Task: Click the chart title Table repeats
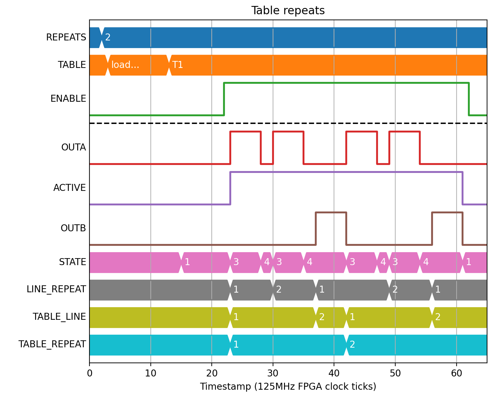coord(288,11)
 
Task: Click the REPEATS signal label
coord(66,37)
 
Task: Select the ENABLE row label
coord(68,99)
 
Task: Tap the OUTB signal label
coord(73,228)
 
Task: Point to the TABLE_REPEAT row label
coord(52,344)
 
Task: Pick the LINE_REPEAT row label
coord(56,289)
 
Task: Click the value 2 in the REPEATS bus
coord(108,37)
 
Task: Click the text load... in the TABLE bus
coord(125,65)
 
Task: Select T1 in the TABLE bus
coord(178,65)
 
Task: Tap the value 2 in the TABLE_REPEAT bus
coord(352,345)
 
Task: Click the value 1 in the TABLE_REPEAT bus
coord(236,345)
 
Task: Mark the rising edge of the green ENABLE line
coord(224,99)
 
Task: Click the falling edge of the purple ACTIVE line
coord(463,188)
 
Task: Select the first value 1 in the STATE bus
coord(187,262)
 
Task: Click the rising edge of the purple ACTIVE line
coord(230,188)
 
